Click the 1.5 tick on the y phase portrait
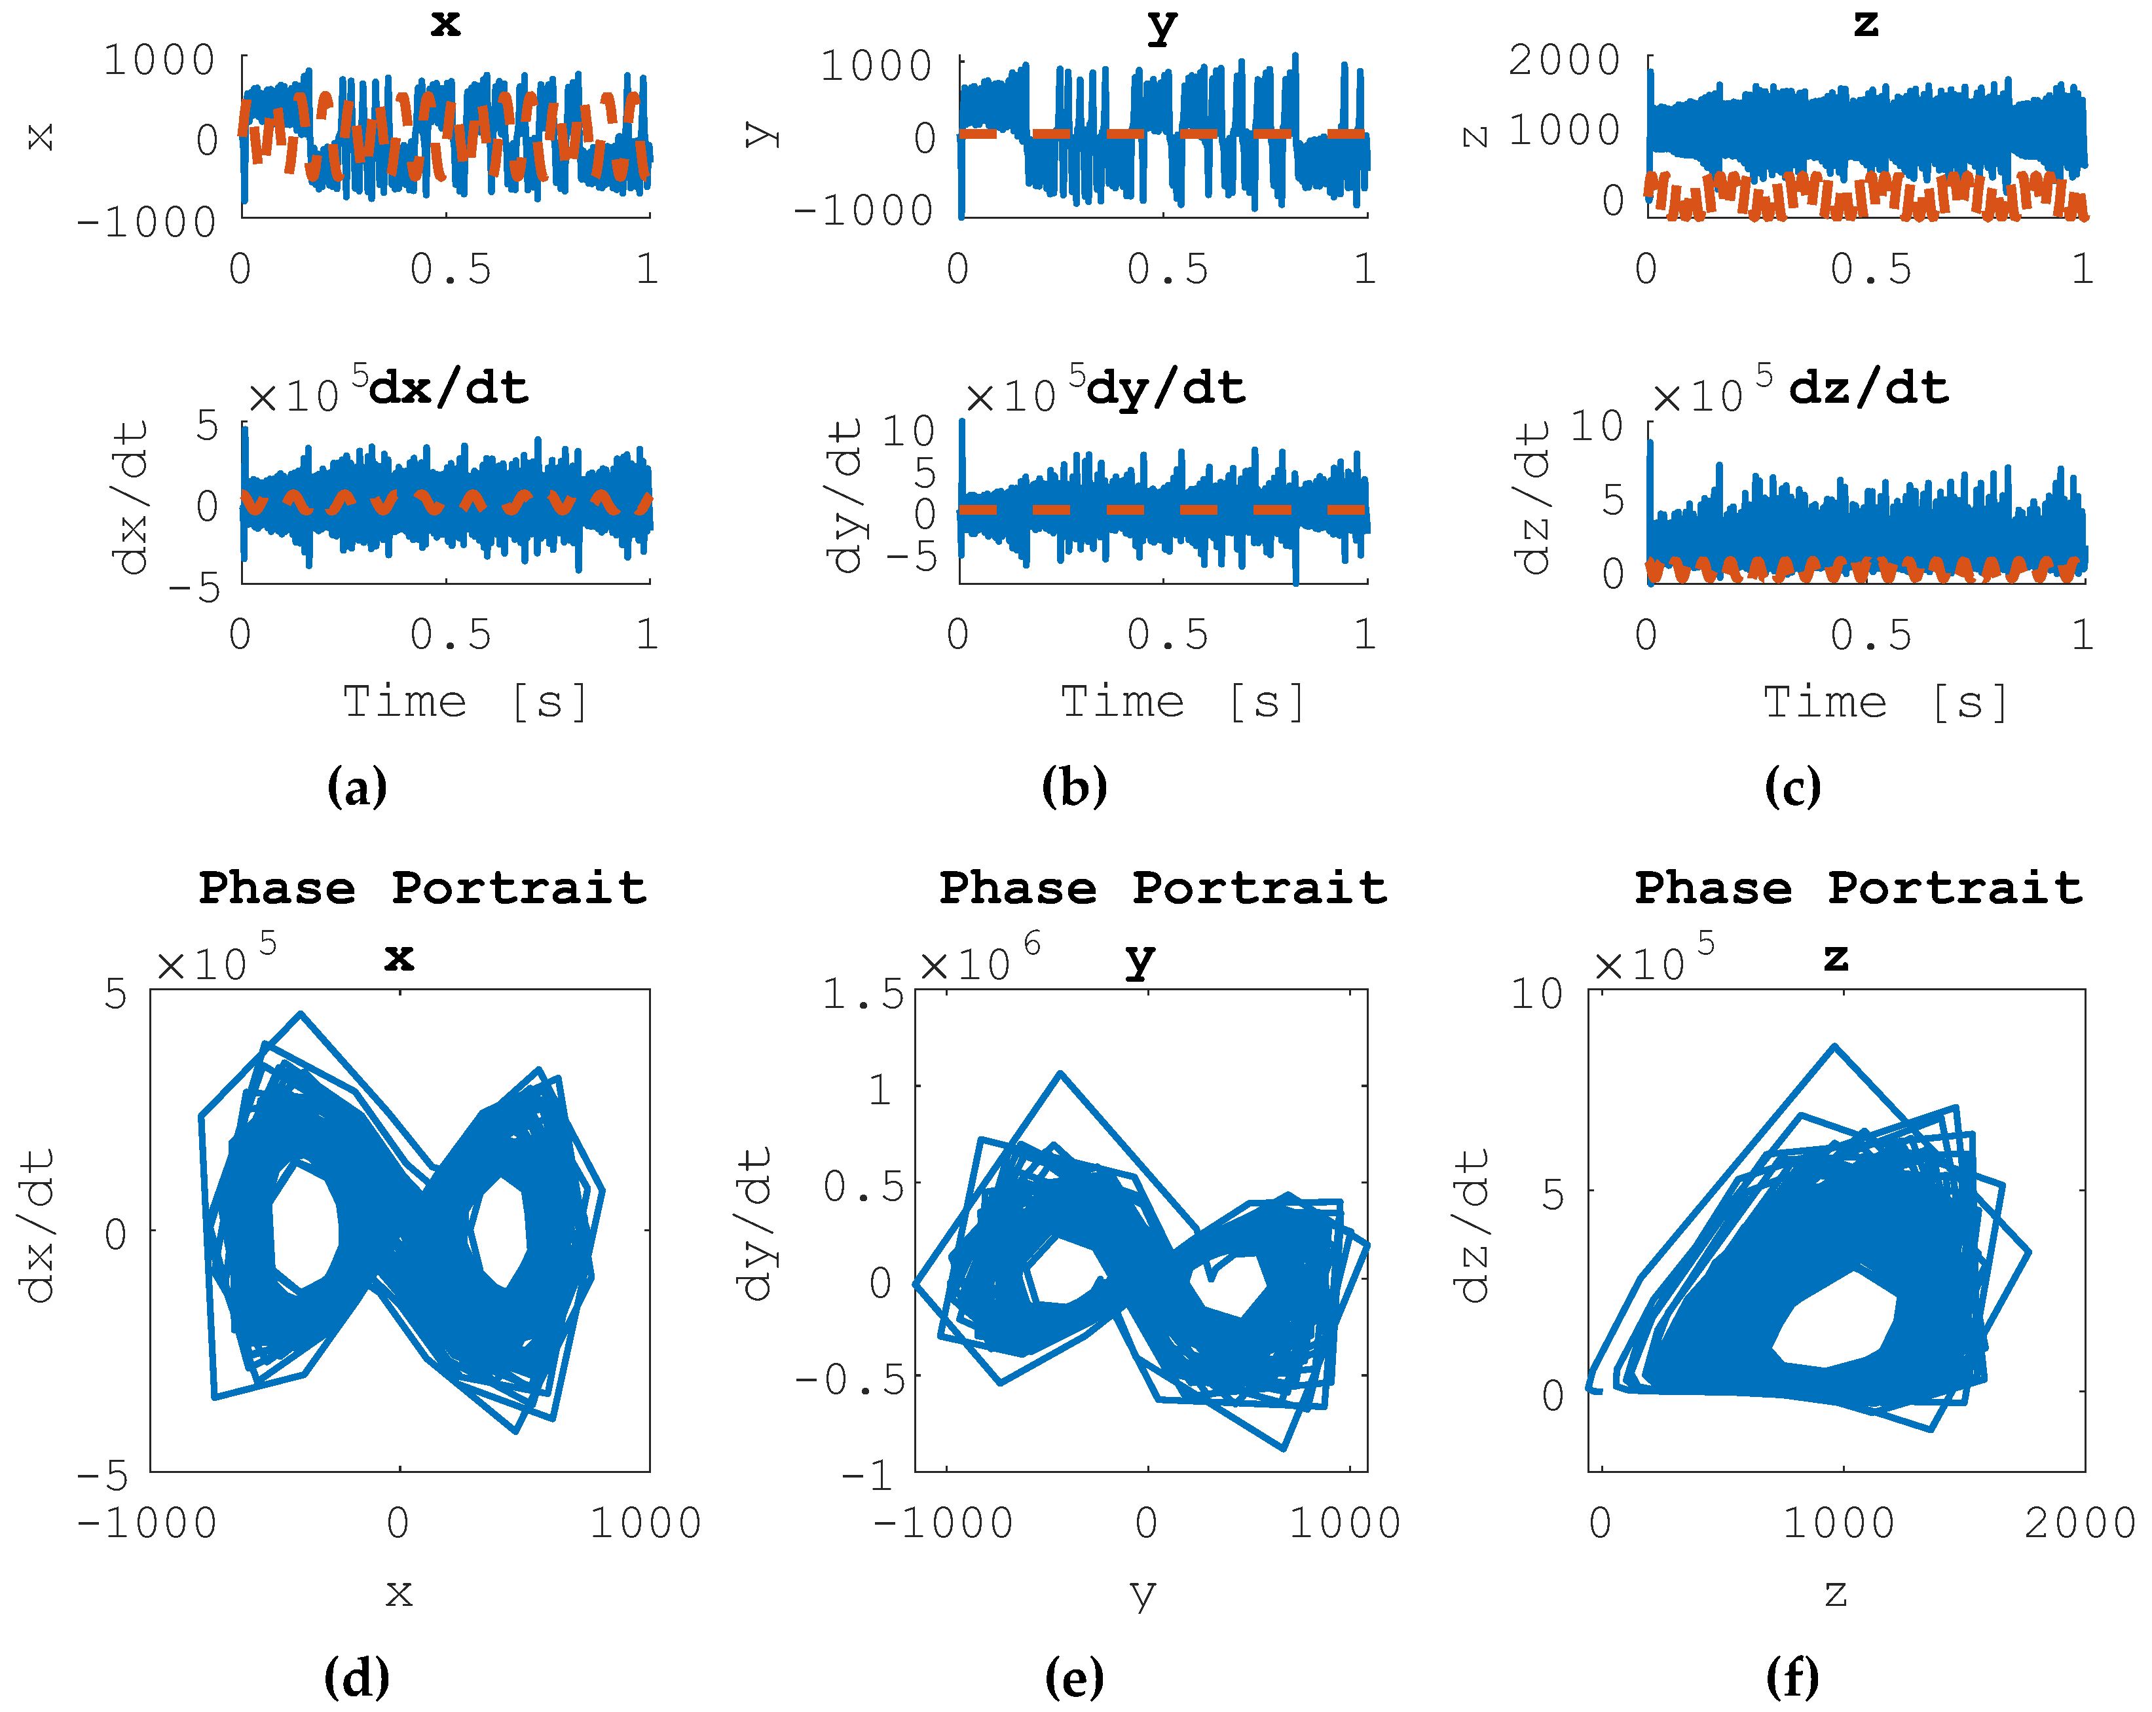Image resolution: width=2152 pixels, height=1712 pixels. coord(863,994)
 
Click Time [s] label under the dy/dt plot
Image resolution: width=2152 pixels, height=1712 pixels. coord(1183,702)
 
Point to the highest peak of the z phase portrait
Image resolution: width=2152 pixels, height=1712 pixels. coord(1834,1047)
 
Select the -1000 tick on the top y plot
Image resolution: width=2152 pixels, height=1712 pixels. coord(863,211)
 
